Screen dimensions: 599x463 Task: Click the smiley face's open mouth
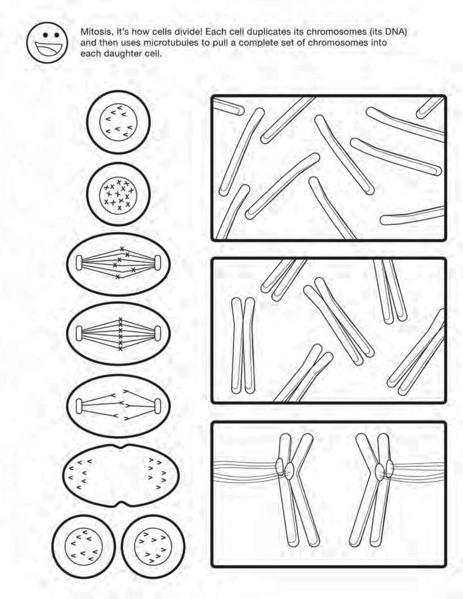pyautogui.click(x=48, y=48)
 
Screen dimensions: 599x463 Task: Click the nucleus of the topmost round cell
pyautogui.click(x=118, y=122)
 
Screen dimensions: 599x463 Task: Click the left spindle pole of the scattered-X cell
pyautogui.click(x=79, y=263)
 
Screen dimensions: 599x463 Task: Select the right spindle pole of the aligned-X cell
pyautogui.click(x=157, y=333)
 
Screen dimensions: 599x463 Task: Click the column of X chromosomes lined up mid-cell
pyautogui.click(x=120, y=334)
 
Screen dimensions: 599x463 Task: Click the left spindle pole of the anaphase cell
pyautogui.click(x=79, y=406)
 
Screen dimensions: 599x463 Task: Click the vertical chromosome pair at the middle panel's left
pyautogui.click(x=243, y=345)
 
